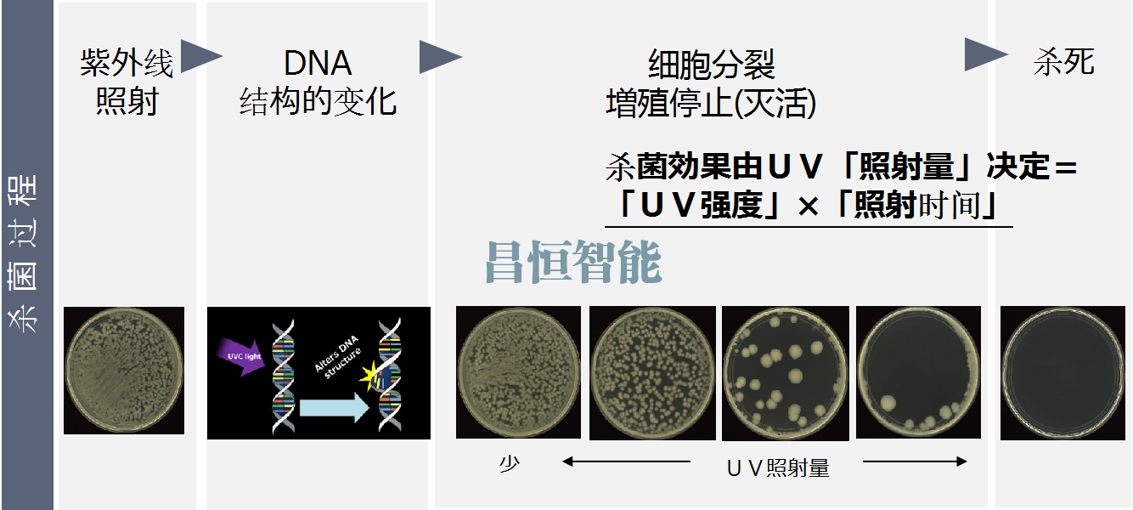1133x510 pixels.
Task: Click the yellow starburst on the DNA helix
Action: click(369, 376)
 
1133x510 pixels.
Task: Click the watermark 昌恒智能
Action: click(573, 261)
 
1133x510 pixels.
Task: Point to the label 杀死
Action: click(1063, 62)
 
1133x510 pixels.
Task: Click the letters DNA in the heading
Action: click(318, 63)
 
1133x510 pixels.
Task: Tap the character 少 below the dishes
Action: click(510, 463)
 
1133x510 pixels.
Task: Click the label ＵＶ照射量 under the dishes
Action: click(778, 467)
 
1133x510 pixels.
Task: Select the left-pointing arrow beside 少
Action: click(626, 462)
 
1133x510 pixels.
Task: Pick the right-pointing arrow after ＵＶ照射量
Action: click(915, 462)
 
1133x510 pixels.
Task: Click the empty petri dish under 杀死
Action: click(1063, 373)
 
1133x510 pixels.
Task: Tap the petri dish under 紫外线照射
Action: click(124, 371)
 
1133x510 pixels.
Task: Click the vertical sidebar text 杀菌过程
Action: click(23, 253)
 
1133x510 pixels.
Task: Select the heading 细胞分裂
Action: click(711, 65)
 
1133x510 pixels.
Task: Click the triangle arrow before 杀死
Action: click(985, 54)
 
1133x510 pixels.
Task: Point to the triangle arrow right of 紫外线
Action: click(201, 56)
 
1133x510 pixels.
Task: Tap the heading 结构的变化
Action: click(318, 101)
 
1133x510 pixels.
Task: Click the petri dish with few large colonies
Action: click(785, 374)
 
